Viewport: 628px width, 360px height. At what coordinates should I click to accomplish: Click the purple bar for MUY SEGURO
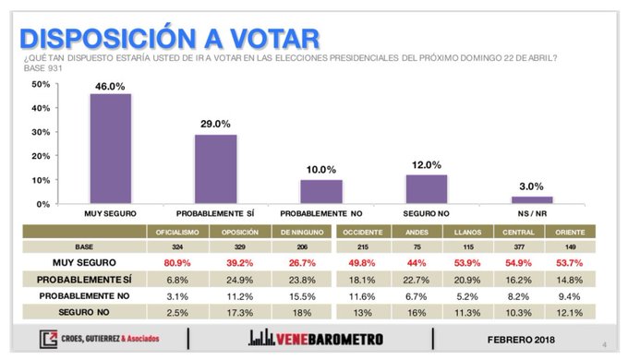110,148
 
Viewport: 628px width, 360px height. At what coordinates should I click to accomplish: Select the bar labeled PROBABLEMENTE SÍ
215,169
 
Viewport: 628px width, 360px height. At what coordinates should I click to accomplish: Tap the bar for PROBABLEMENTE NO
321,191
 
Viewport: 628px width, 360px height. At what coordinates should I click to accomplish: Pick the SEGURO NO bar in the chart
427,188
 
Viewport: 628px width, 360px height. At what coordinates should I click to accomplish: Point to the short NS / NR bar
532,199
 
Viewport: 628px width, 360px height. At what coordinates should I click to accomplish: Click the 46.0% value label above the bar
110,85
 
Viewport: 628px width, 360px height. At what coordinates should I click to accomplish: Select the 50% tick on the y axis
40,84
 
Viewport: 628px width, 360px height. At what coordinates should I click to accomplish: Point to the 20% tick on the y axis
40,156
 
